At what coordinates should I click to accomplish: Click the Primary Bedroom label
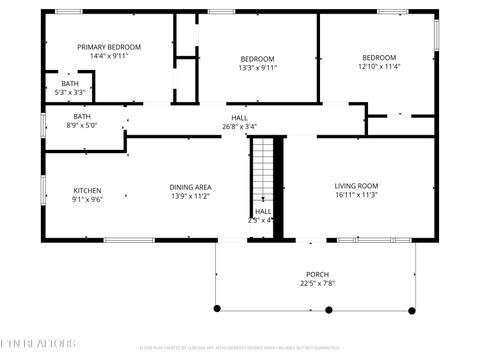coord(109,47)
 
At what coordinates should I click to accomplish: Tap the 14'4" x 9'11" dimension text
coord(109,57)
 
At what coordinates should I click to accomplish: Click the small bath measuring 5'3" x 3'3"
coord(70,87)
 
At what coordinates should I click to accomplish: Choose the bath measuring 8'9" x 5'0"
coord(81,121)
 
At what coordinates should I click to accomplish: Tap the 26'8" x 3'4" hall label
coord(239,127)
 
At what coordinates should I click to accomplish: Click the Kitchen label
coord(87,189)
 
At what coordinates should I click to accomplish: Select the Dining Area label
coord(189,186)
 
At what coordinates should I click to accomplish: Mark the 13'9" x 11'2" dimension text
coord(189,196)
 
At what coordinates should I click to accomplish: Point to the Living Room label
coord(356,186)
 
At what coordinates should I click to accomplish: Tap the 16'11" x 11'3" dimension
coord(356,196)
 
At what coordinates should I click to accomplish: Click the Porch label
coord(317,274)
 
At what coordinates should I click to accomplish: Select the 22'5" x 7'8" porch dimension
coord(317,284)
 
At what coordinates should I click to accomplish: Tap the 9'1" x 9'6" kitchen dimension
coord(87,199)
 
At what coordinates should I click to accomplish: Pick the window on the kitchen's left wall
coord(42,189)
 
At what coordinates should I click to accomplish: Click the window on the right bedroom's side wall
coord(436,35)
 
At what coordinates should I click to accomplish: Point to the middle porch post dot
coord(329,310)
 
